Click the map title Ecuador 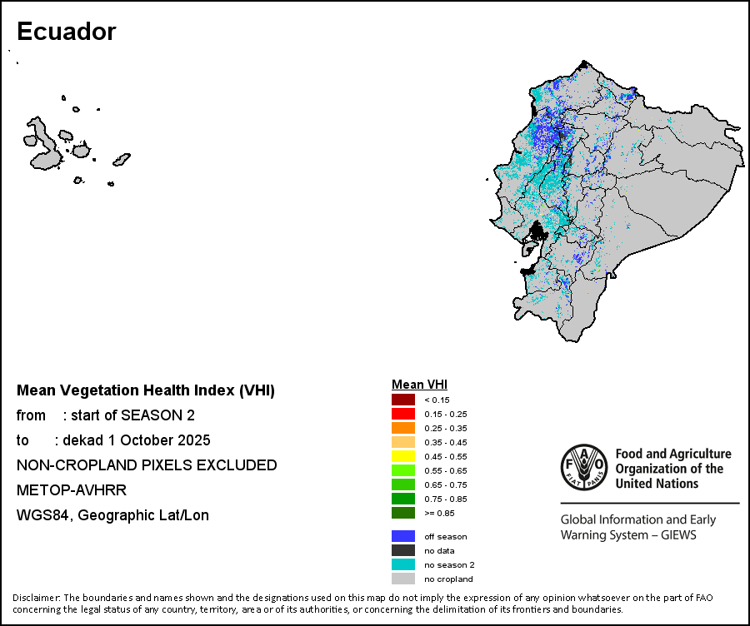(66, 32)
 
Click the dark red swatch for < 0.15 (403, 400)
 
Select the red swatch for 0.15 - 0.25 (403, 414)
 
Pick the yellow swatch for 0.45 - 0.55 (403, 456)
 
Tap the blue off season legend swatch (403, 536)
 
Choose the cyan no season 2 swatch (403, 564)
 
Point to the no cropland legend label (448, 579)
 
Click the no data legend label (438, 550)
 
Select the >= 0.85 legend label (438, 513)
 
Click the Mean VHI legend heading (419, 385)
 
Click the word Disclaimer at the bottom (36, 598)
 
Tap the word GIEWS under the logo (676, 534)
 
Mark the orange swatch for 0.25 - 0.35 (403, 428)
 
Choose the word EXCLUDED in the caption (237, 465)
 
